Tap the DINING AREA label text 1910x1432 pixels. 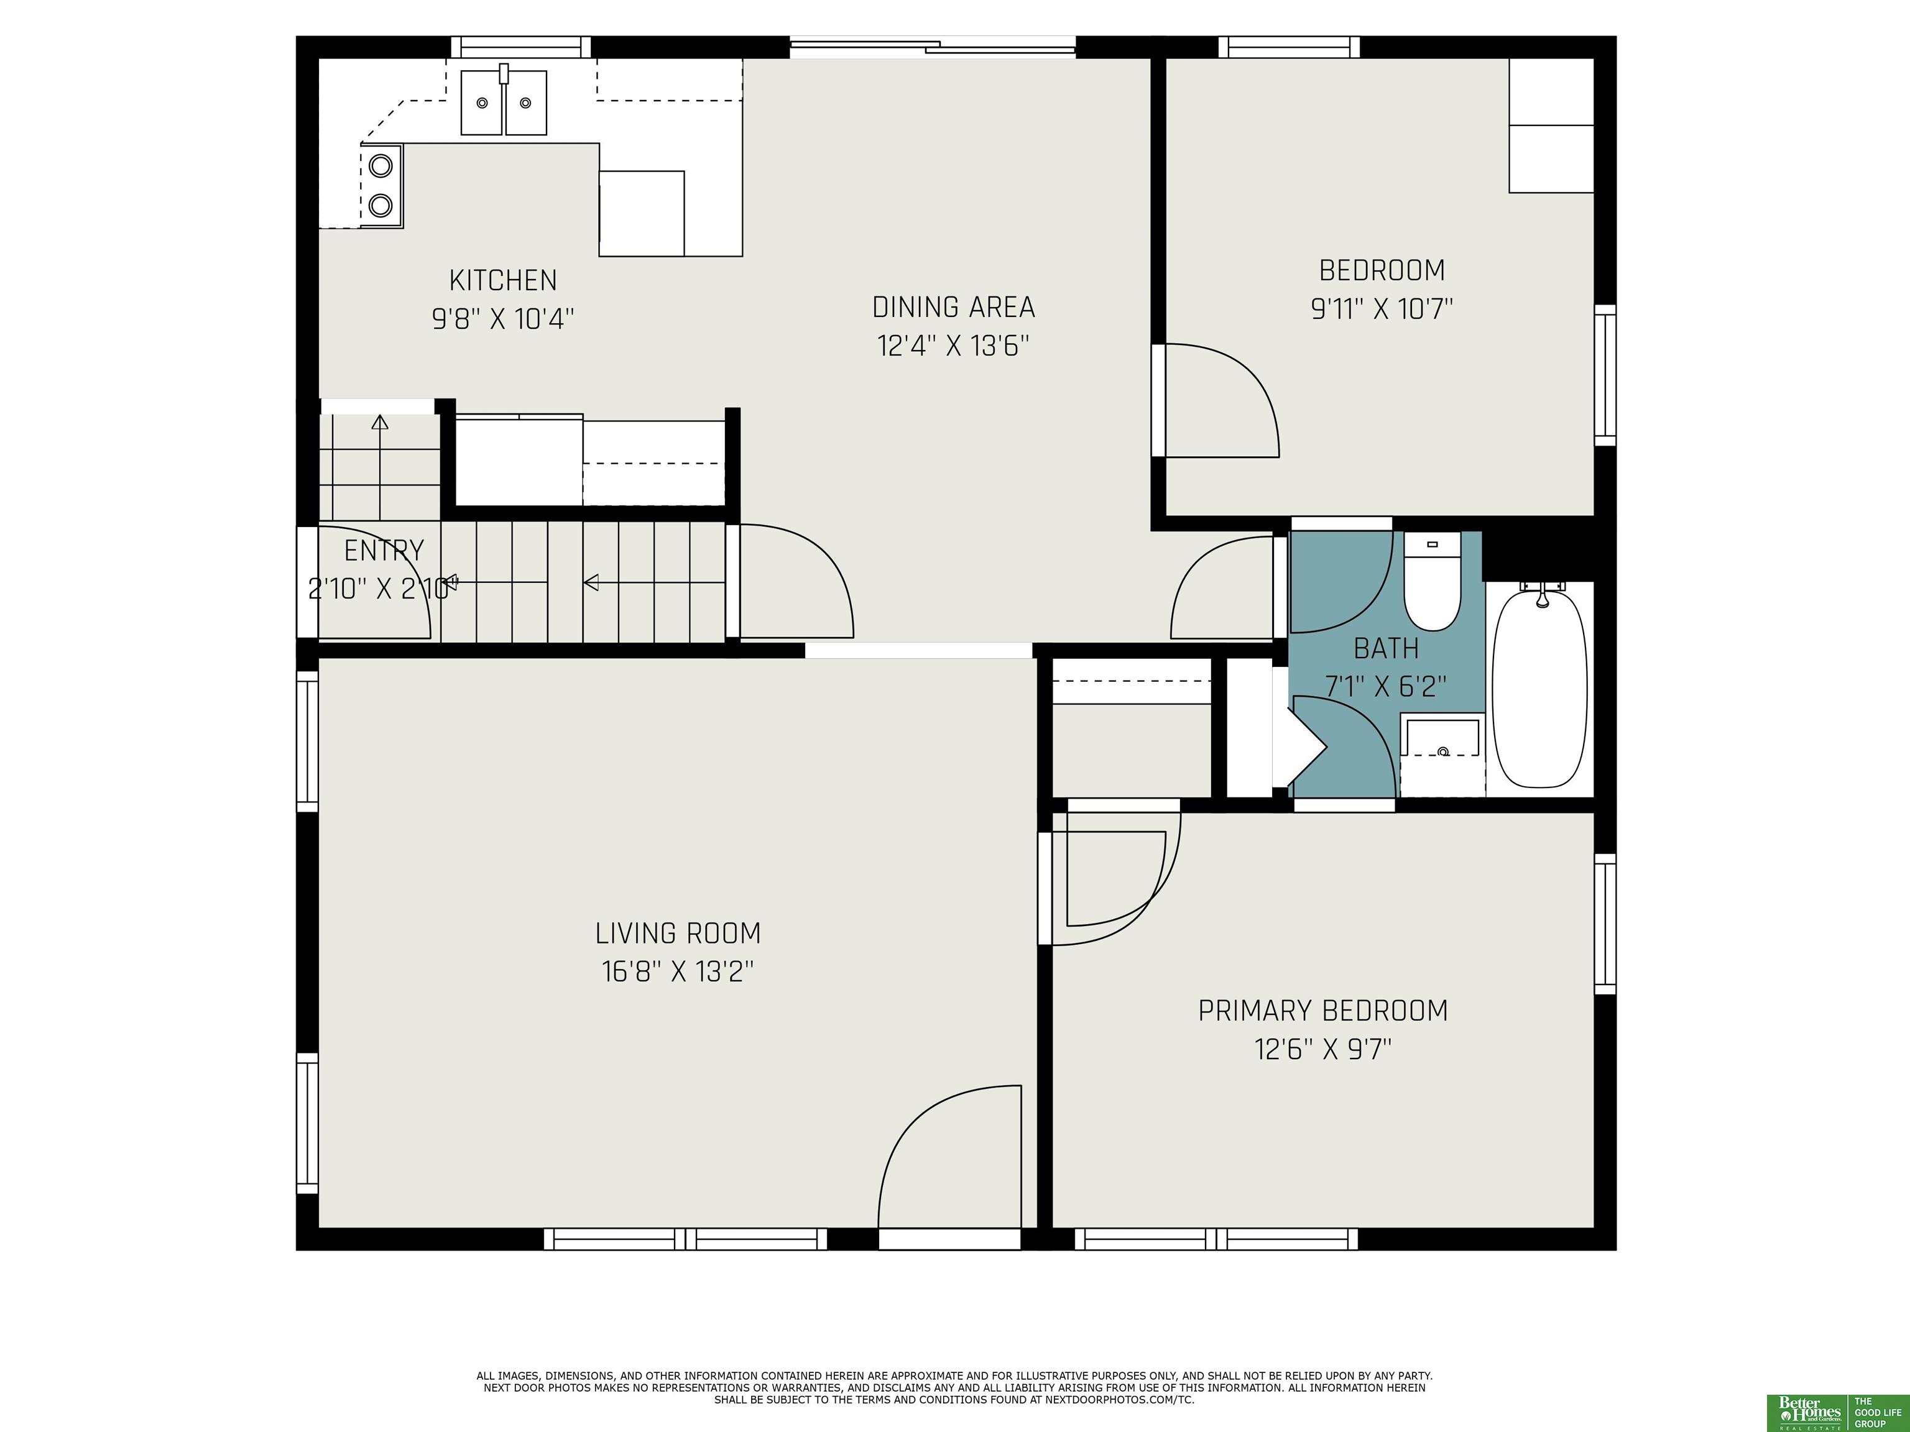pyautogui.click(x=953, y=307)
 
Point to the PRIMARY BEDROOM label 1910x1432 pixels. pyautogui.click(x=1323, y=1010)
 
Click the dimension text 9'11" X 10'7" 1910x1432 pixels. pyautogui.click(x=1382, y=309)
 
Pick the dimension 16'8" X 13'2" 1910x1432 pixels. pyautogui.click(x=678, y=972)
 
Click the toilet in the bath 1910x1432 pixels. pyautogui.click(x=1432, y=581)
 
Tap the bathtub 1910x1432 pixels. pyautogui.click(x=1541, y=686)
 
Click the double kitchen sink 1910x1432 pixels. pyautogui.click(x=504, y=103)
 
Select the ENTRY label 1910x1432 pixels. pyautogui.click(x=384, y=551)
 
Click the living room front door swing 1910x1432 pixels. pyautogui.click(x=950, y=1156)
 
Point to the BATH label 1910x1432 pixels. pyautogui.click(x=1386, y=648)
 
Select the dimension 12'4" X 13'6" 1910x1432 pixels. pyautogui.click(x=953, y=346)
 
